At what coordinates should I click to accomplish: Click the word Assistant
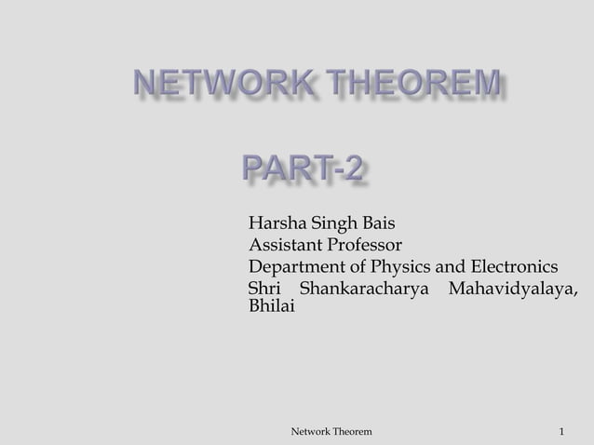tap(283, 246)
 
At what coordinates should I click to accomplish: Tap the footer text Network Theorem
tap(331, 432)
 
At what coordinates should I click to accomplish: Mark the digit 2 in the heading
tap(352, 171)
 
